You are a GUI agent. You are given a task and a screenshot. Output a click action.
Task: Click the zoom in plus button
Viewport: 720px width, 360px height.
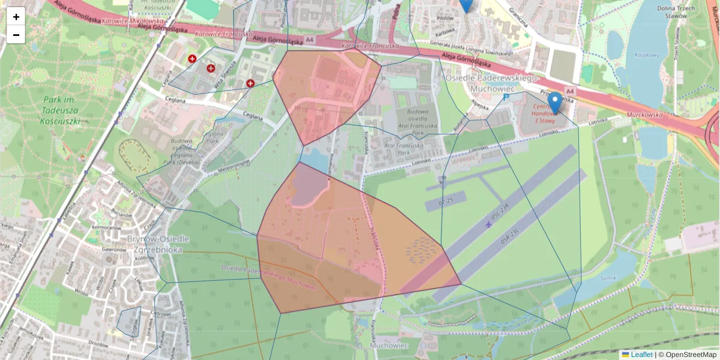click(x=16, y=17)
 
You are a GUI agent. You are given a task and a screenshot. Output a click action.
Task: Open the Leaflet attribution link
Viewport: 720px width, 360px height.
click(x=641, y=355)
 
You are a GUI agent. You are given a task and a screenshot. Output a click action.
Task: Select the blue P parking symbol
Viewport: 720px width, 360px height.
click(x=505, y=96)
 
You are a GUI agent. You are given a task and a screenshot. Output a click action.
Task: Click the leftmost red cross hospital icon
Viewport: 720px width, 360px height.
click(x=192, y=59)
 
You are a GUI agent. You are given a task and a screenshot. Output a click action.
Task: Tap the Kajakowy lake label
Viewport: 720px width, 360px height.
click(x=647, y=55)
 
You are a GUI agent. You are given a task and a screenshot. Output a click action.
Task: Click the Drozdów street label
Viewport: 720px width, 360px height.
click(x=98, y=343)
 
